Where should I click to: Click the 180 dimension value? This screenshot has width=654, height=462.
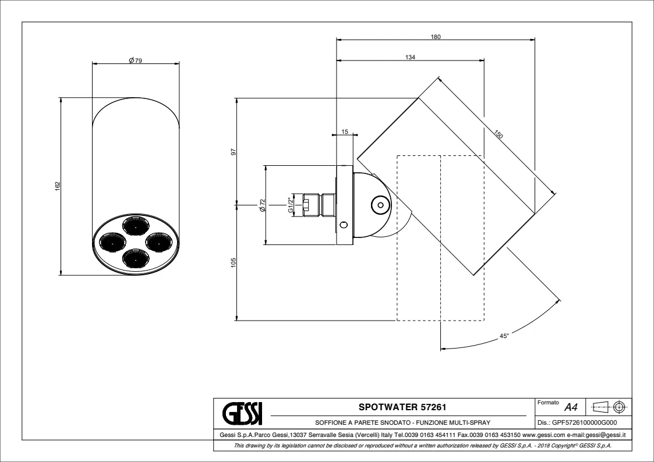pyautogui.click(x=436, y=37)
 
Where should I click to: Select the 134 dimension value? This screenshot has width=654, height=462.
pyautogui.click(x=411, y=57)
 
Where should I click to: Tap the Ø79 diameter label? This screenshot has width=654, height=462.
pyautogui.click(x=136, y=61)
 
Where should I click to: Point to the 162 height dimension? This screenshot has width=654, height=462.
pyautogui.click(x=58, y=187)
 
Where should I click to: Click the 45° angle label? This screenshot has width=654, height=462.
pyautogui.click(x=504, y=336)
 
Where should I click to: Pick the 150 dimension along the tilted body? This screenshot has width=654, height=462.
pyautogui.click(x=499, y=134)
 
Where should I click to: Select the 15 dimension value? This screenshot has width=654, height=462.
pyautogui.click(x=345, y=132)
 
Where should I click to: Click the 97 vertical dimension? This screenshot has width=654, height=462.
pyautogui.click(x=234, y=152)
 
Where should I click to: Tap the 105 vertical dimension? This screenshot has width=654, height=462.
pyautogui.click(x=234, y=262)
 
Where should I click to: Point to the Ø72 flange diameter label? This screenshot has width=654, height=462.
pyautogui.click(x=262, y=205)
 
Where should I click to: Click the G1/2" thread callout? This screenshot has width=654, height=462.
pyautogui.click(x=291, y=205)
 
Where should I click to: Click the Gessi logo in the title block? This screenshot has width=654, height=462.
pyautogui.click(x=242, y=413)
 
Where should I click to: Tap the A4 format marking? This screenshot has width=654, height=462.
pyautogui.click(x=571, y=407)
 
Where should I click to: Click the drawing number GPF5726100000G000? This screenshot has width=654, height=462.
pyautogui.click(x=577, y=422)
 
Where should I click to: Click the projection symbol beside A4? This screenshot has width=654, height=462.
pyautogui.click(x=609, y=406)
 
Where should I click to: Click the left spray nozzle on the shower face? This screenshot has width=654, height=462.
pyautogui.click(x=111, y=241)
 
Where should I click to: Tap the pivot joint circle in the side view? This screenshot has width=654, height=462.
pyautogui.click(x=380, y=205)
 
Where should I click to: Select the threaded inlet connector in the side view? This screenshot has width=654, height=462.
pyautogui.click(x=319, y=205)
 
